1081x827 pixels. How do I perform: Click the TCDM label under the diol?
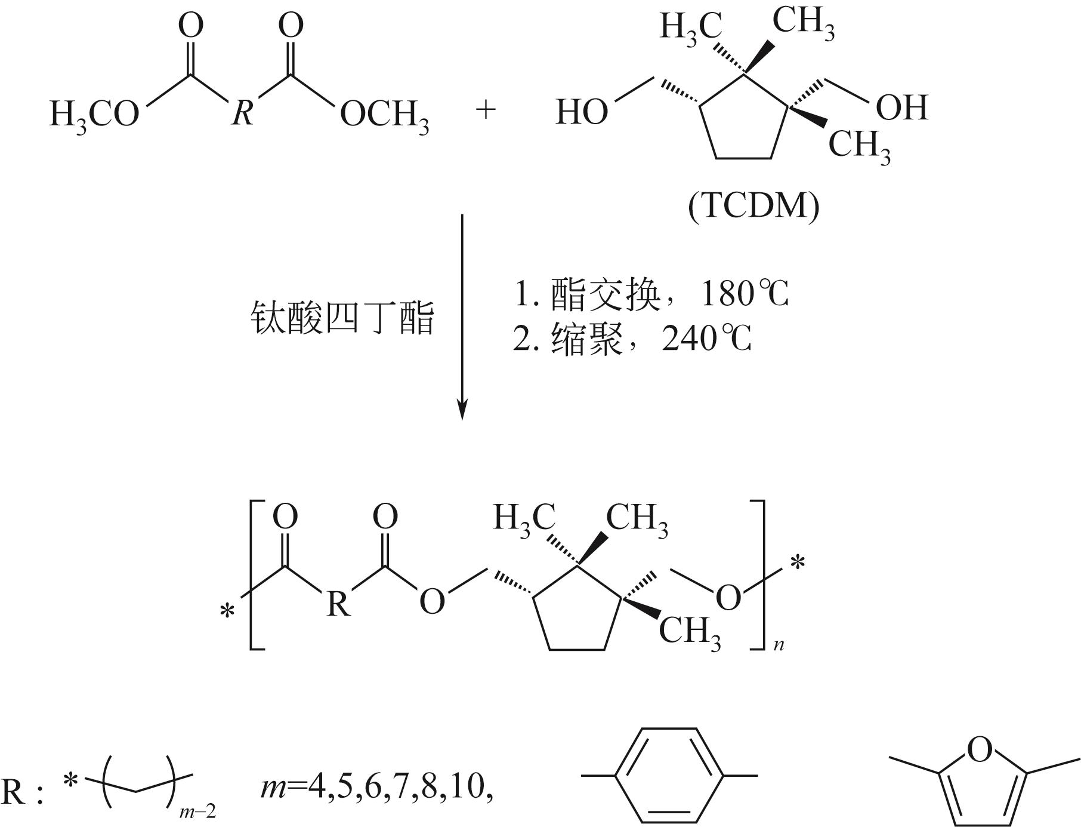tap(753, 207)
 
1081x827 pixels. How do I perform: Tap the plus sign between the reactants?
tap(486, 110)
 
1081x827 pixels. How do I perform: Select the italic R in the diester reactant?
tap(242, 112)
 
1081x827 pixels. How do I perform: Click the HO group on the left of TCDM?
tap(582, 112)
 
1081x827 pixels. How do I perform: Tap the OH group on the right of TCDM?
tap(901, 107)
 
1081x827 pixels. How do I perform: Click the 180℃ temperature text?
tap(745, 294)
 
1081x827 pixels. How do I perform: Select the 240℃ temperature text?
tap(707, 339)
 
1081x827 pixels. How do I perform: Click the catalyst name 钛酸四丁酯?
tap(342, 318)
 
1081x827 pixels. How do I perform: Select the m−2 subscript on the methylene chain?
tap(197, 811)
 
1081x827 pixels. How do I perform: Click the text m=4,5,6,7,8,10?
tap(377, 787)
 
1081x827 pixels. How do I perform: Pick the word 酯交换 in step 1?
tap(606, 294)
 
